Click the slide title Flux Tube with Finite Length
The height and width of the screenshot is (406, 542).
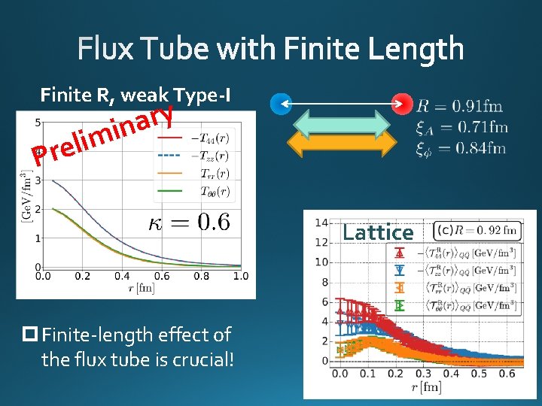[271, 49]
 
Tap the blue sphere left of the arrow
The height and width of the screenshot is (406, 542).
[281, 102]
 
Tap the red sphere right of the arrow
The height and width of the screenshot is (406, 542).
[405, 102]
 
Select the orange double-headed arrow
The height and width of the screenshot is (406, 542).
[343, 144]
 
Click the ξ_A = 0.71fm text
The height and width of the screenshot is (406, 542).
[461, 128]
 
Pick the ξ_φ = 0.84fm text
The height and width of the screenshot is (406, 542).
[461, 148]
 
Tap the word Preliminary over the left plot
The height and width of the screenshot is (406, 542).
[105, 135]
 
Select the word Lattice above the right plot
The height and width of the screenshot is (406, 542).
[378, 233]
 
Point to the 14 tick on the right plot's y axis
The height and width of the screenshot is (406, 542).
[321, 223]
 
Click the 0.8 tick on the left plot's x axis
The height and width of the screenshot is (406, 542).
[201, 276]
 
